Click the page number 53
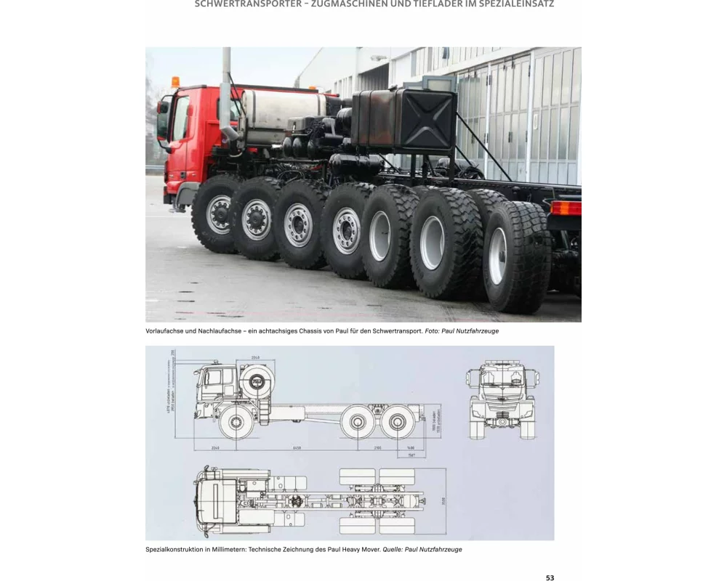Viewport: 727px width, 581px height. [550, 577]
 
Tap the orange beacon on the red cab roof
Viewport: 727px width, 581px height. [174, 81]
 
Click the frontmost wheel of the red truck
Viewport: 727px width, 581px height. [217, 214]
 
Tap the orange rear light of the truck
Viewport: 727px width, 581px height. [565, 208]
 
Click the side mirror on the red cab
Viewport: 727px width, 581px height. [163, 116]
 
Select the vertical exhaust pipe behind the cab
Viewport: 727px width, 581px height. [226, 94]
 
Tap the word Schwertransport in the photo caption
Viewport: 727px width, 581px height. [395, 331]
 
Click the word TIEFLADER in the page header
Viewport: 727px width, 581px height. [418, 4]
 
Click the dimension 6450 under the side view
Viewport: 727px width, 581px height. [296, 448]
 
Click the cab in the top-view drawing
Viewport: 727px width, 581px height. [215, 497]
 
